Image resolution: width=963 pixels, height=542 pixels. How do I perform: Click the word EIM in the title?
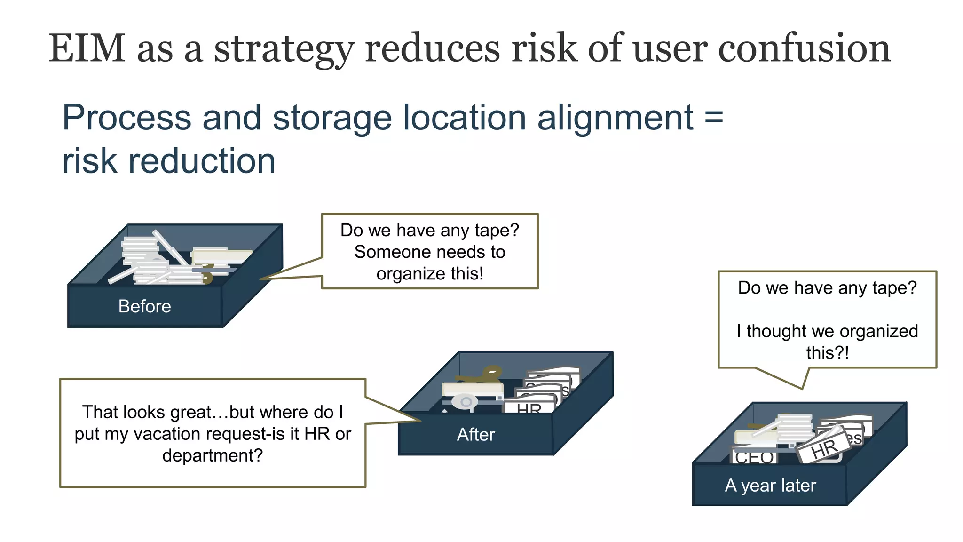(x=87, y=48)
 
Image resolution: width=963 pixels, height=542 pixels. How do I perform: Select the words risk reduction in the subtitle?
(x=168, y=161)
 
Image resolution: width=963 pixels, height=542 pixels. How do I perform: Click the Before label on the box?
(x=144, y=306)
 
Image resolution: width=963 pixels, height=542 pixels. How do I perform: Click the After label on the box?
(x=475, y=434)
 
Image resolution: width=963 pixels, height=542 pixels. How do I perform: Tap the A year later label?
(x=770, y=485)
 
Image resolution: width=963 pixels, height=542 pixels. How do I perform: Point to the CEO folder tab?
(x=754, y=456)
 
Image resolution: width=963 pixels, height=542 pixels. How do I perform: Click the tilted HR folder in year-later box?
(x=824, y=448)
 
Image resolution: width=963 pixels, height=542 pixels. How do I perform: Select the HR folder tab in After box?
(x=529, y=407)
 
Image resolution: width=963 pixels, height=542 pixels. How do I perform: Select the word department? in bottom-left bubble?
(x=213, y=455)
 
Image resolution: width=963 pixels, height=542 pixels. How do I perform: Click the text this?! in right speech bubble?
(x=827, y=352)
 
